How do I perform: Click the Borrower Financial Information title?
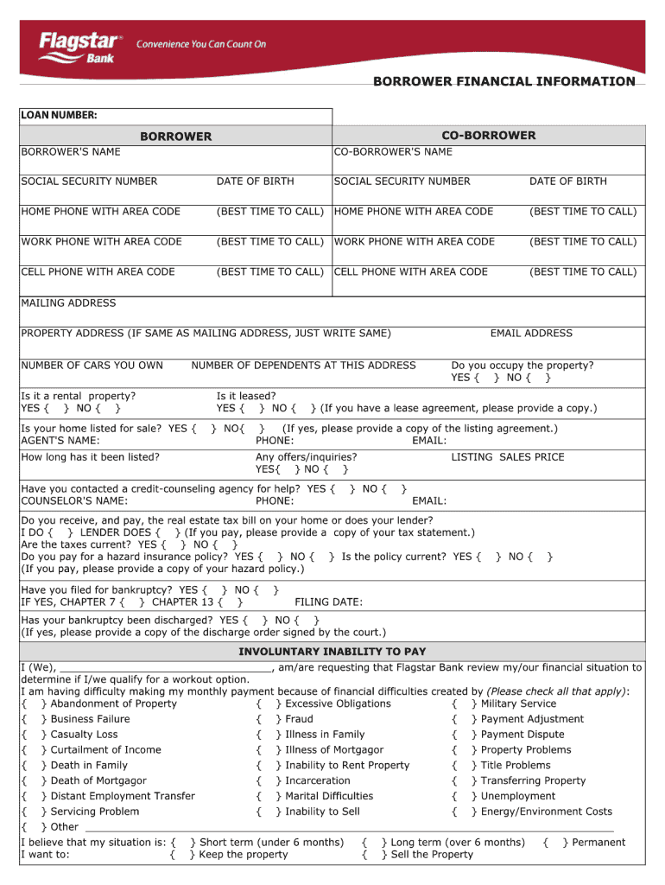coord(503,81)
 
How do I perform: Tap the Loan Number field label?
coord(59,115)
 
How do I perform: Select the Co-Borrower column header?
coord(488,136)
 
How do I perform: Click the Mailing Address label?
coord(68,303)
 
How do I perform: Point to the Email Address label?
coord(531,334)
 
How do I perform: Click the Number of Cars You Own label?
coord(92,366)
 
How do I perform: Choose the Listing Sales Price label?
coord(507,457)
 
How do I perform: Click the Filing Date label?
coord(328,602)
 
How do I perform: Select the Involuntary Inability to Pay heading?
coord(332,652)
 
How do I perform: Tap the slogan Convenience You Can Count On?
coord(201,44)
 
